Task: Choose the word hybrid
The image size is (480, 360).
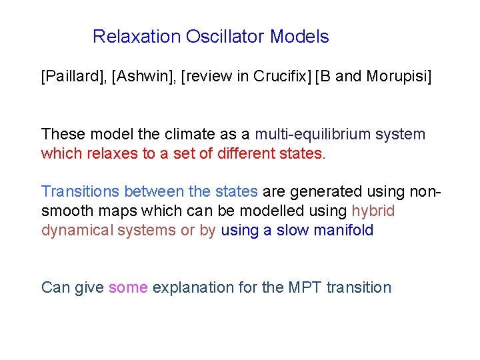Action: point(373,211)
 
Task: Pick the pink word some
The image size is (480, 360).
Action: point(128,288)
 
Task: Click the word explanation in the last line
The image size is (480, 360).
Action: point(192,288)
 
